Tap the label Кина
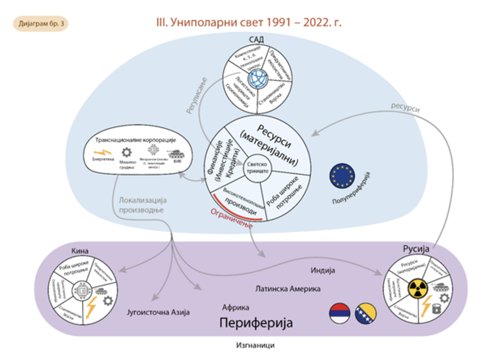[79, 250]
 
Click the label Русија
[416, 249]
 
